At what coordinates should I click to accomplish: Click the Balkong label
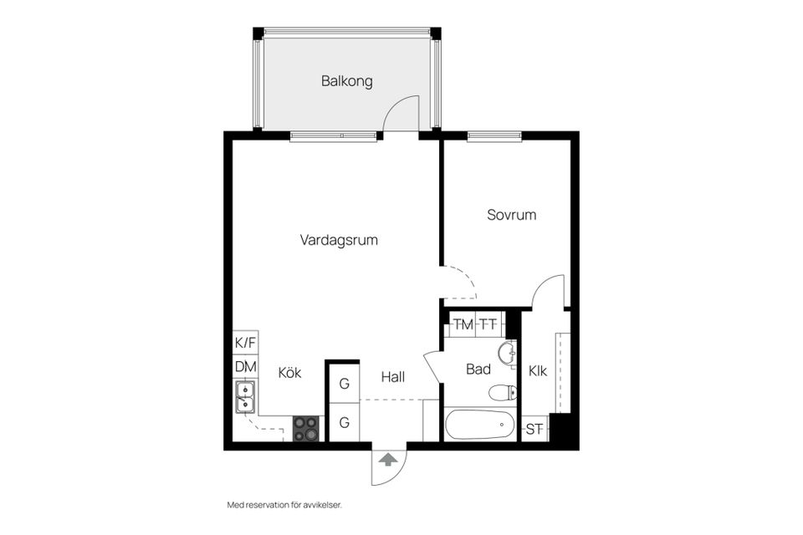pos(346,82)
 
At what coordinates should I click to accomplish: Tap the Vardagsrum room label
pos(339,240)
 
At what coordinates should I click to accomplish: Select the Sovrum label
pos(511,215)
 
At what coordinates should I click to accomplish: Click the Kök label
pos(289,373)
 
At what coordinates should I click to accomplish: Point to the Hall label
pos(392,377)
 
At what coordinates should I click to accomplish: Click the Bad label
pos(478,369)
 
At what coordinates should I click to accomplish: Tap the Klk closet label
pos(537,371)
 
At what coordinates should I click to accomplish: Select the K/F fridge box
pos(245,342)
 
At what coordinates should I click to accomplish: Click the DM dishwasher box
pos(245,366)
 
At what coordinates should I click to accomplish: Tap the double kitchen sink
pos(246,397)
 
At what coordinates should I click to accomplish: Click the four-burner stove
pos(306,428)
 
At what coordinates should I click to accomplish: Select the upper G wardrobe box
pos(344,384)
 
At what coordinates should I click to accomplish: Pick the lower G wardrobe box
pos(344,423)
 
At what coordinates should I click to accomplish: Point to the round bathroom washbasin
pos(506,354)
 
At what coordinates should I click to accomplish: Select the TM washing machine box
pos(463,324)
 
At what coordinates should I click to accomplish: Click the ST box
pos(534,430)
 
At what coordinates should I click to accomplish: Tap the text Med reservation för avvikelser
pos(284,505)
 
